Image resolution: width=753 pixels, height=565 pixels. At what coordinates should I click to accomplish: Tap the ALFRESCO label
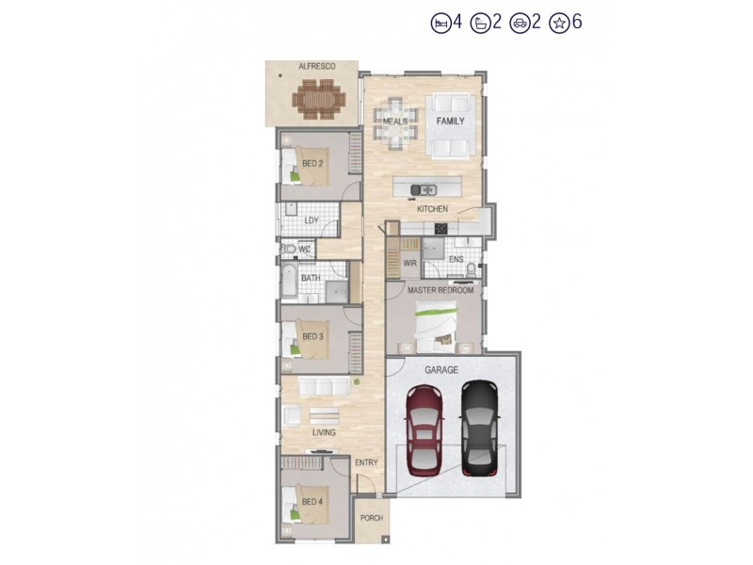tap(312, 67)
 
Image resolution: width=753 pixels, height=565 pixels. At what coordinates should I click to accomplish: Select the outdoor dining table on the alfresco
tap(318, 99)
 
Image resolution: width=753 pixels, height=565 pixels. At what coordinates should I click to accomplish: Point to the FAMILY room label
tap(450, 121)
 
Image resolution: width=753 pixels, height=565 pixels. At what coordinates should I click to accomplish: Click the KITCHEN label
tap(432, 209)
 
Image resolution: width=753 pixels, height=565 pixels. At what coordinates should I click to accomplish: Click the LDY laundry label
tap(312, 221)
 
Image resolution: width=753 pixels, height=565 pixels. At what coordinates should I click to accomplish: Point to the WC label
tap(304, 249)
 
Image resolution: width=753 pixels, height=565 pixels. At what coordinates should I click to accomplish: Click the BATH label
tap(311, 279)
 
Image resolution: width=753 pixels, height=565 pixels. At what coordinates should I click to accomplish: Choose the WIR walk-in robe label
tap(409, 264)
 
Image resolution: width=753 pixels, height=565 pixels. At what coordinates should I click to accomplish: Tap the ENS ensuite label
tap(456, 259)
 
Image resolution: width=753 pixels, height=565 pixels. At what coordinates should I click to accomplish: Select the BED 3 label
tap(312, 336)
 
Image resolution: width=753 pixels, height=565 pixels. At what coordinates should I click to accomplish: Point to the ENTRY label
tap(365, 462)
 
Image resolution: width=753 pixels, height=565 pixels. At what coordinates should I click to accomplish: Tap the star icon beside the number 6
tap(559, 23)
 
